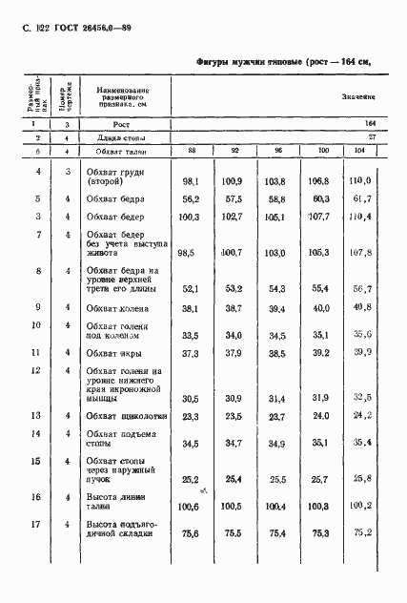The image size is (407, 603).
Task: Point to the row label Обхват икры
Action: click(113, 353)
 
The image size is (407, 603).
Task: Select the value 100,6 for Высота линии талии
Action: click(193, 507)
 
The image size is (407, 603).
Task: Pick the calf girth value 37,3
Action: click(193, 354)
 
